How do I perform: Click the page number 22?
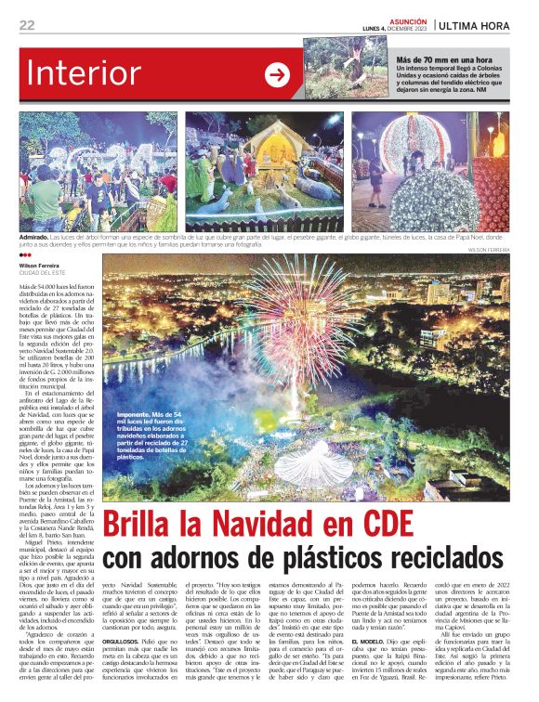point(27,24)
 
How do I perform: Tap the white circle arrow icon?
point(278,75)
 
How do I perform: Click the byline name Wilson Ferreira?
point(41,265)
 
